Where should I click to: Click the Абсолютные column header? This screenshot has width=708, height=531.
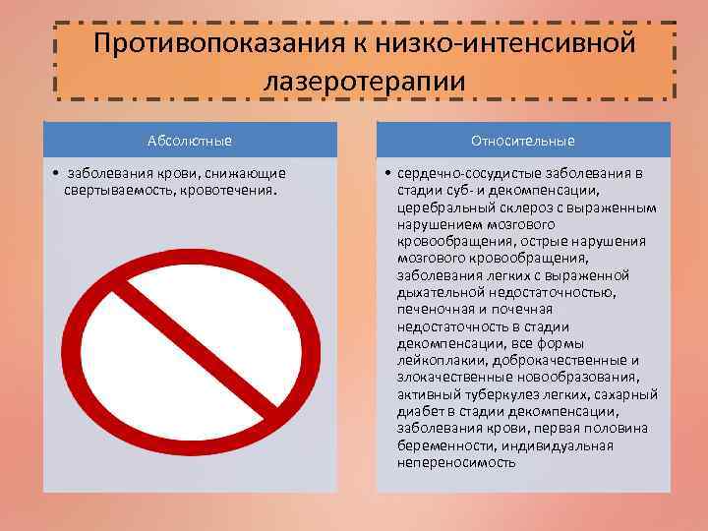tap(190, 140)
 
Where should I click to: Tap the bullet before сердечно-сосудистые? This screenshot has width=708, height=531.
tap(389, 173)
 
